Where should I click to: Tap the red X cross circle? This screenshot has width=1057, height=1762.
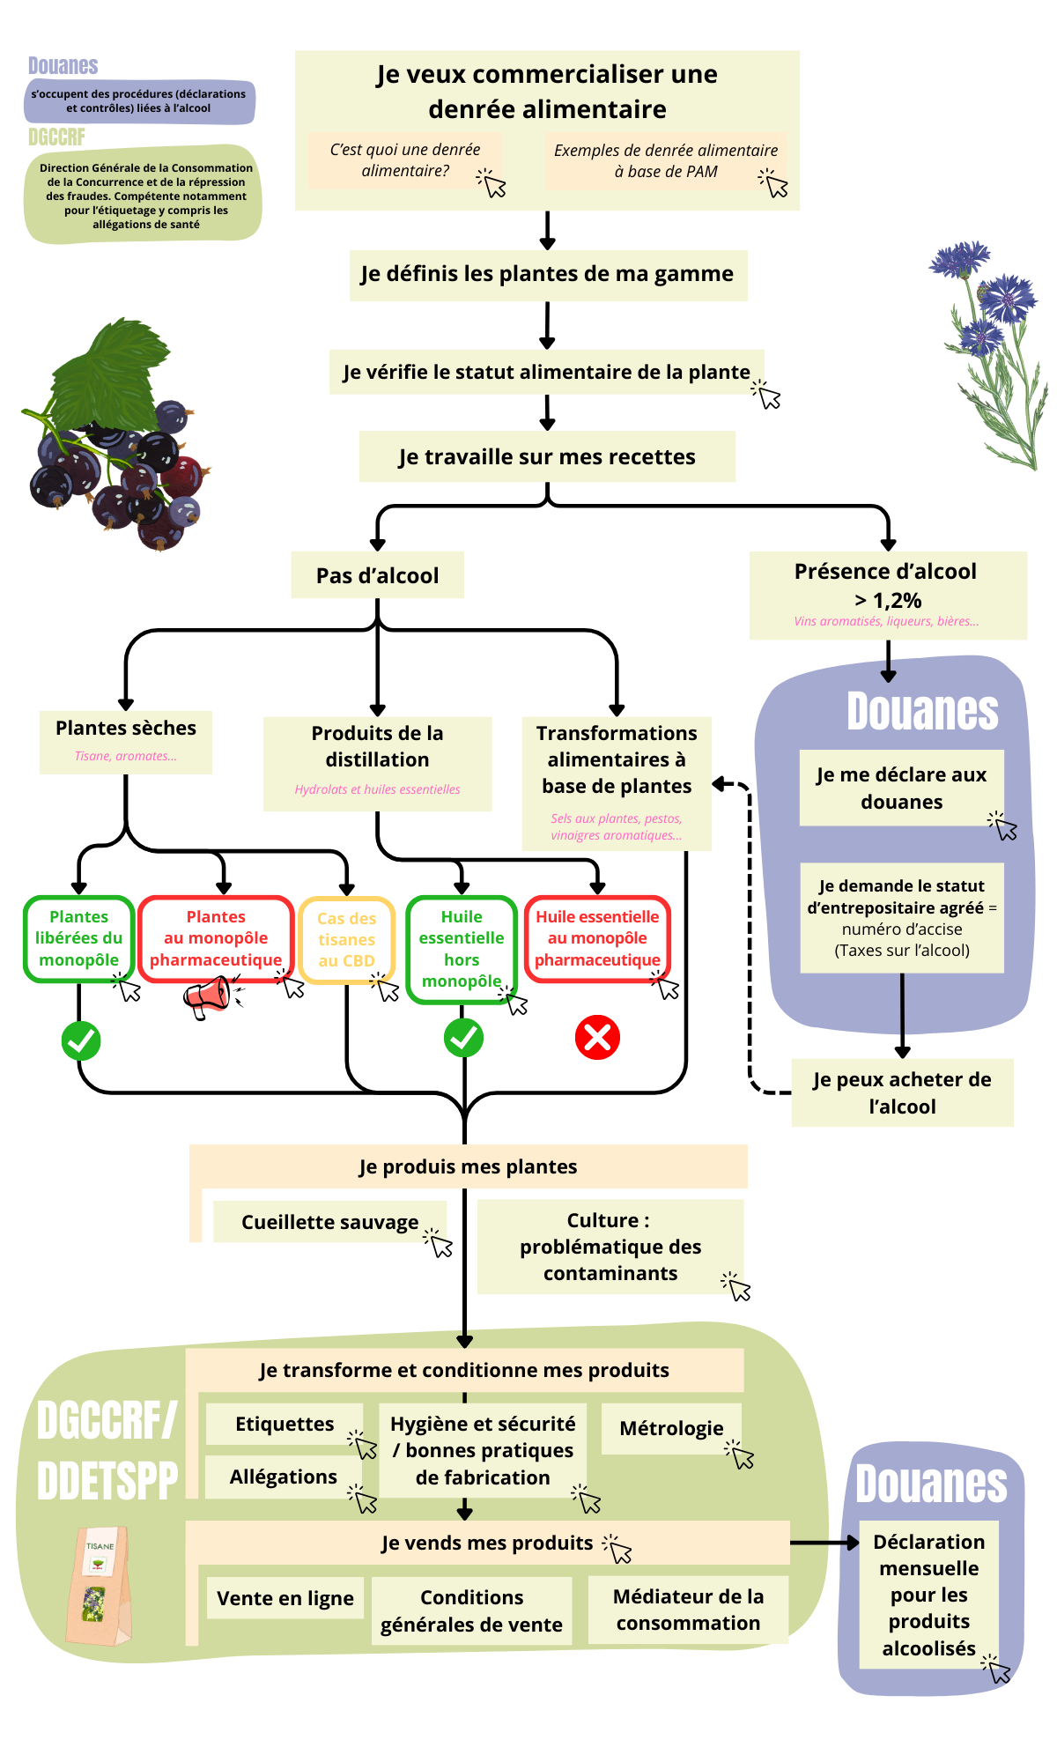pos(597,1038)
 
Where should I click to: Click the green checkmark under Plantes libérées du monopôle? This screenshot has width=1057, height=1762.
pos(81,1040)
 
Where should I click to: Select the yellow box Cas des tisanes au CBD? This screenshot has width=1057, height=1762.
pos(346,939)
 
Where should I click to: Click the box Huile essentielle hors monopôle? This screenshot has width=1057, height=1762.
pos(462,949)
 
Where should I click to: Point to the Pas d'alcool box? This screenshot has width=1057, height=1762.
pos(377,575)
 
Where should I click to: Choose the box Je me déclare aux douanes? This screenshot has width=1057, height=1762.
pos(901,788)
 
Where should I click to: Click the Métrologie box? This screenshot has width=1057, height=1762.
pos(671,1428)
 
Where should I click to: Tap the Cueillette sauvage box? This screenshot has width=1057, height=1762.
pos(329,1222)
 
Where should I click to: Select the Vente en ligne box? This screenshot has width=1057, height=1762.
pos(285,1598)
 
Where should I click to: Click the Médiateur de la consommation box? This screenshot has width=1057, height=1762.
pos(688,1610)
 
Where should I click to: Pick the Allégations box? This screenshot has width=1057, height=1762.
pos(284,1477)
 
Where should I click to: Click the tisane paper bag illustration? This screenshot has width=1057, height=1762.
pos(99,1586)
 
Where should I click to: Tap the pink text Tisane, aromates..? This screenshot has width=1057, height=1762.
pos(125,756)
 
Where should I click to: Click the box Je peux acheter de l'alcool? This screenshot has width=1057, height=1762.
pos(902,1092)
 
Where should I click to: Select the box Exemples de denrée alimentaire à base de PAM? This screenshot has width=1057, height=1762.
pos(665,161)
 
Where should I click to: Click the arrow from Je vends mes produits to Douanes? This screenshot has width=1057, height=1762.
pos(824,1543)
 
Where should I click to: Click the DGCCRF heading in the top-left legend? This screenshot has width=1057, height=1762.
pos(56,137)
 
